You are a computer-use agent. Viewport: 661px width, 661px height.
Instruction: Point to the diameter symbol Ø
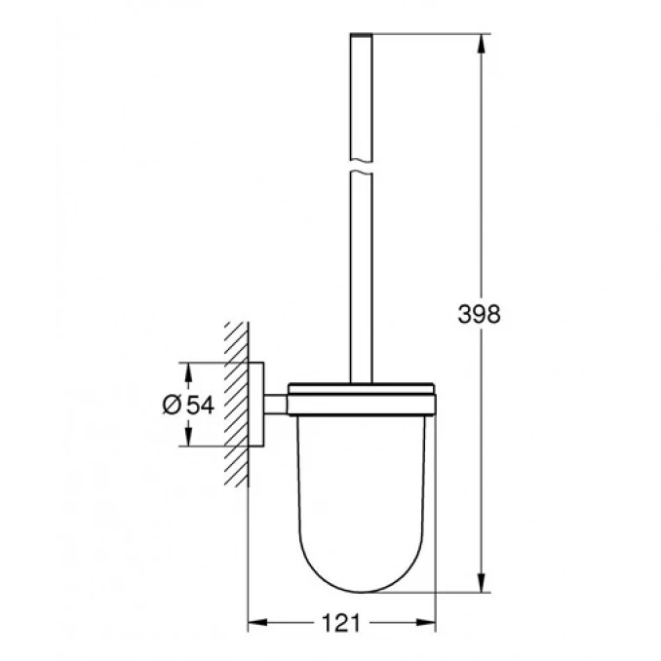[x=170, y=405]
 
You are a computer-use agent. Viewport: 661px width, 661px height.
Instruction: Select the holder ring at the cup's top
[x=361, y=391]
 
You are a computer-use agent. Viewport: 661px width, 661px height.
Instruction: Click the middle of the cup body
[x=361, y=487]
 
